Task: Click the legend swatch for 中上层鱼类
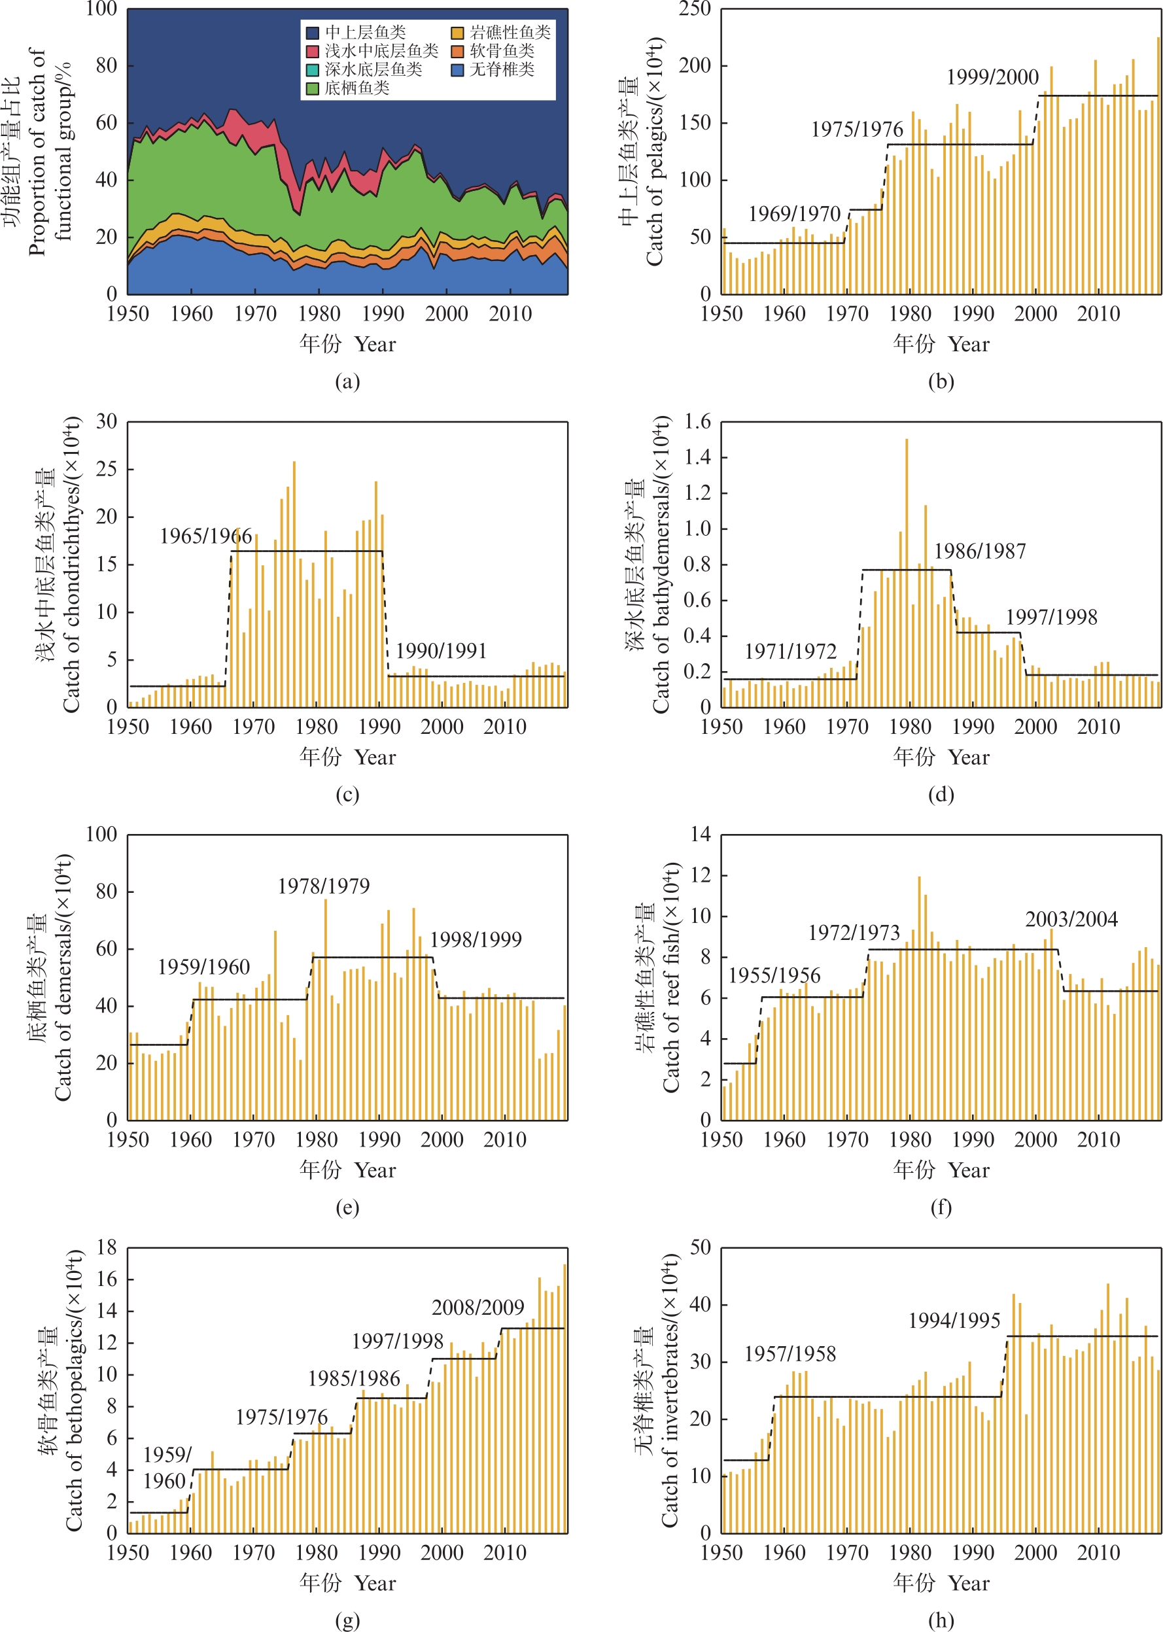click(x=312, y=32)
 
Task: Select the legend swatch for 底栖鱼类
click(x=312, y=88)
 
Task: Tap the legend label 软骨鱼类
click(x=502, y=51)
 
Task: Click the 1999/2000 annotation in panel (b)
click(x=992, y=77)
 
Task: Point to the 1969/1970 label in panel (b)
click(x=794, y=213)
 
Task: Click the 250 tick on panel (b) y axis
click(x=695, y=9)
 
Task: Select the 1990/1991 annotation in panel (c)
click(x=441, y=651)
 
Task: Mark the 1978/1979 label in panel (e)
click(x=324, y=886)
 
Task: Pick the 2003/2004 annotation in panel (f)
click(x=1071, y=920)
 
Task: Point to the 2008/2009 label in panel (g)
click(x=477, y=1308)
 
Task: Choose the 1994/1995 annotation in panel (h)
click(x=954, y=1321)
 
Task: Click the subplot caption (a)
click(x=347, y=382)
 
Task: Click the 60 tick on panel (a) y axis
click(x=106, y=122)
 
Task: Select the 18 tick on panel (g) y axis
click(x=106, y=1247)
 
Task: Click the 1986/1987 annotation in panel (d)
click(x=980, y=551)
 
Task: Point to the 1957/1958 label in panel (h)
click(x=790, y=1354)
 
